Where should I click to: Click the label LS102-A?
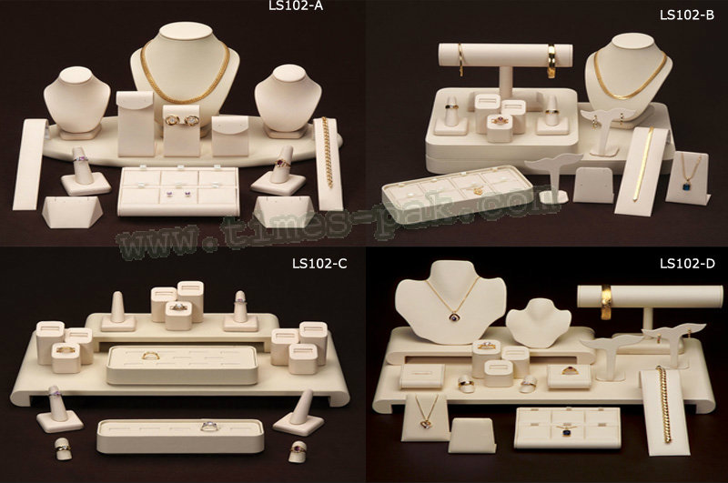[296, 5]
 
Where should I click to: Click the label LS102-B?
[687, 15]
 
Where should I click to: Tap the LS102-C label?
[319, 264]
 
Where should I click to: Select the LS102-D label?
[687, 264]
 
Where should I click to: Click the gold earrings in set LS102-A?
[182, 120]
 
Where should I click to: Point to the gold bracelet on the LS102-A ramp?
[328, 152]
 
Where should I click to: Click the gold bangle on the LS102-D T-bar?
[607, 302]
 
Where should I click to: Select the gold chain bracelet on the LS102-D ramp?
[664, 404]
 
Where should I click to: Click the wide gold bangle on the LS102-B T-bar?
[551, 60]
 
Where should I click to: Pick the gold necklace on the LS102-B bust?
[631, 76]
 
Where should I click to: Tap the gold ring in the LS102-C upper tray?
[150, 356]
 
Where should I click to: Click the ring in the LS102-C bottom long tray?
[209, 427]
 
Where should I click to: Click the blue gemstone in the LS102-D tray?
[567, 432]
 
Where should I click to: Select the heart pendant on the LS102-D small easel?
[425, 423]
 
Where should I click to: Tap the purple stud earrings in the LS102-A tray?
[181, 193]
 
